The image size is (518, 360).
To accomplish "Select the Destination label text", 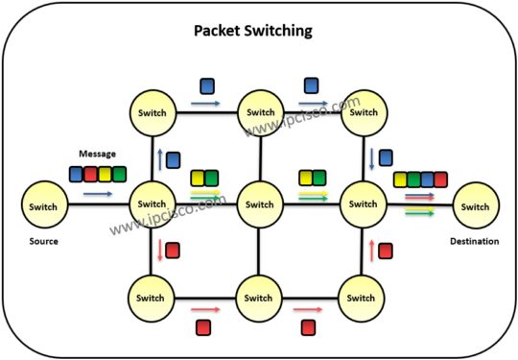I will (474, 241).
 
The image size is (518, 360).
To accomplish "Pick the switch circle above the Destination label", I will (473, 205).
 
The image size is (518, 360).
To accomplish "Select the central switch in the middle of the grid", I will (259, 205).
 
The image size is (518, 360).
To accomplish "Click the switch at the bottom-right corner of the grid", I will (362, 298).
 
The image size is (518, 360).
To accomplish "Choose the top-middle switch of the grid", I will (259, 112).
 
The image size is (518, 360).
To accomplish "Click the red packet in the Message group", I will (91, 174).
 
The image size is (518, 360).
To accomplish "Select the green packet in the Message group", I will (119, 174).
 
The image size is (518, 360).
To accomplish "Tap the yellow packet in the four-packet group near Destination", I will (400, 179).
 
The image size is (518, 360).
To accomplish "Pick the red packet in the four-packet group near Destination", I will (440, 179).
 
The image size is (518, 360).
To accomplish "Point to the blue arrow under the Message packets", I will (98, 194).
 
